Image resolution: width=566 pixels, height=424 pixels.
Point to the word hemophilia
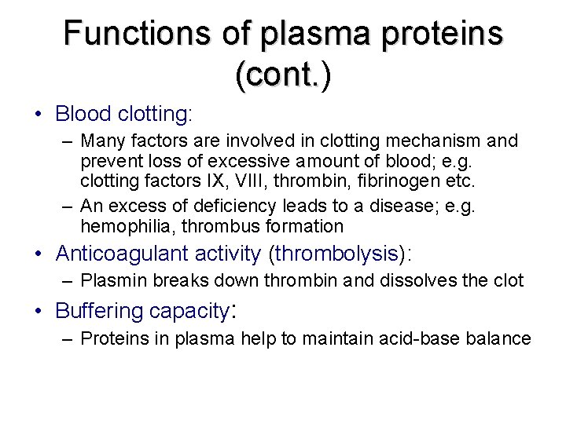119,227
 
